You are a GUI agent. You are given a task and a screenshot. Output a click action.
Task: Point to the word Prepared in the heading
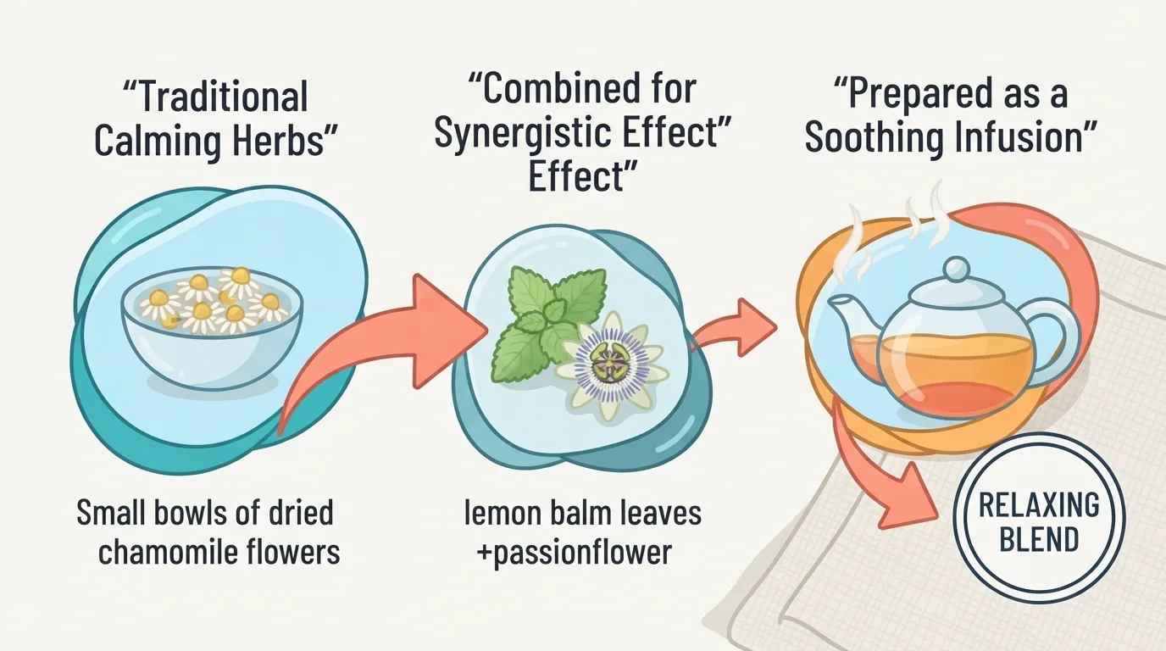(919, 95)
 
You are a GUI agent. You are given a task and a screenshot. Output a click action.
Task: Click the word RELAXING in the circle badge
(1040, 504)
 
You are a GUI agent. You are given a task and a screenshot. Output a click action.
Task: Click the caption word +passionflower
(574, 553)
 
